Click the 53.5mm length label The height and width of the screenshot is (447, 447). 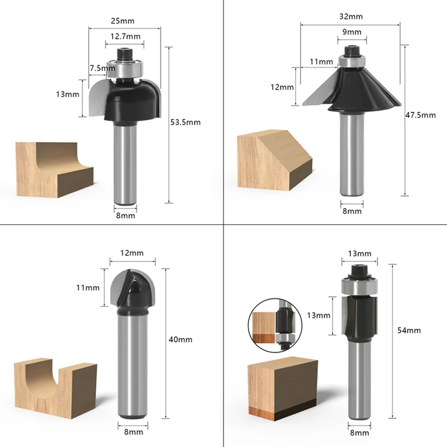pos(186,122)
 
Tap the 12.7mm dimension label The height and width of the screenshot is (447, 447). pos(125,36)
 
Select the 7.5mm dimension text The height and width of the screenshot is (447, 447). pos(103,68)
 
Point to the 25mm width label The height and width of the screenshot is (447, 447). pos(122,21)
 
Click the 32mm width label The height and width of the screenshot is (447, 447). pos(351,17)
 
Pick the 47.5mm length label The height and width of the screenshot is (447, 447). pos(421,115)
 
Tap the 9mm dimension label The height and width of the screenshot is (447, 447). pos(352,32)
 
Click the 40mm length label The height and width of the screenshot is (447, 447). pos(180,340)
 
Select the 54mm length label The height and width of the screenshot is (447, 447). pos(409,330)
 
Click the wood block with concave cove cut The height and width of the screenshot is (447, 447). pos(54,170)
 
